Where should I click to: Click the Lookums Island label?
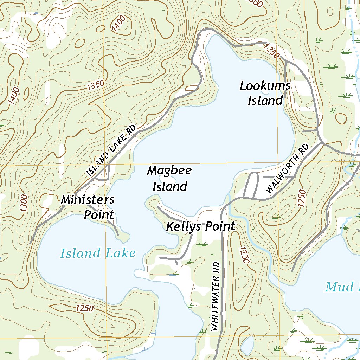tap(265, 93)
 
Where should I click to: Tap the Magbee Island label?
tap(169, 179)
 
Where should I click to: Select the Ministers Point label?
tap(88, 207)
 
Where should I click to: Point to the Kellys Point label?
tap(200, 227)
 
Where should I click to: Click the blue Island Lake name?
tap(98, 253)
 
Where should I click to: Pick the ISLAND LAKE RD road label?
tap(111, 151)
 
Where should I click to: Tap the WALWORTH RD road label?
tap(287, 169)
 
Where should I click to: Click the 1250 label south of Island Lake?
tap(84, 308)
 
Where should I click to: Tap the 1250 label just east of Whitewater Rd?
tap(244, 255)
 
